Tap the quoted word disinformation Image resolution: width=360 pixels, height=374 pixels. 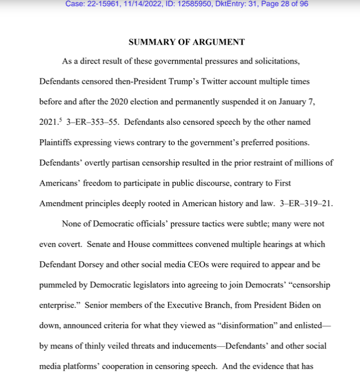255,325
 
